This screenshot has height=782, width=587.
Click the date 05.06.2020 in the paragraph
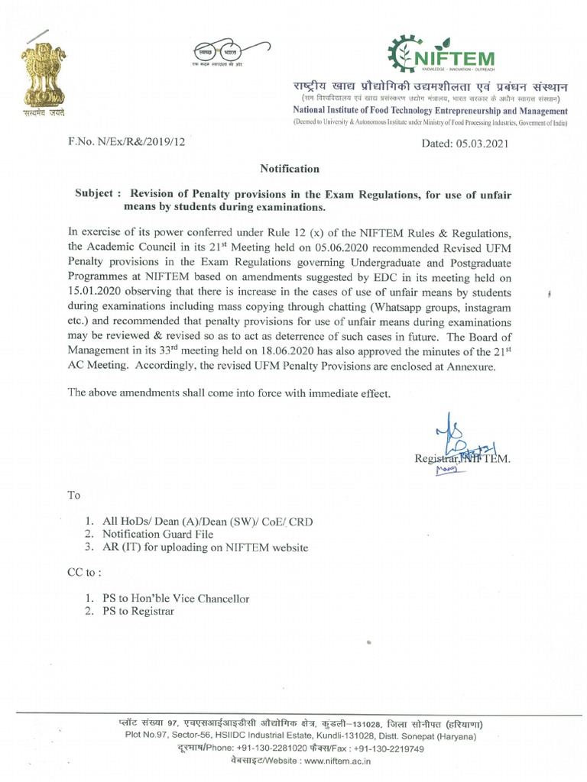tap(339, 247)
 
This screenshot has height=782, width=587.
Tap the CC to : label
tap(84, 572)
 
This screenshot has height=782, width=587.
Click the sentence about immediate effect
tap(229, 393)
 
